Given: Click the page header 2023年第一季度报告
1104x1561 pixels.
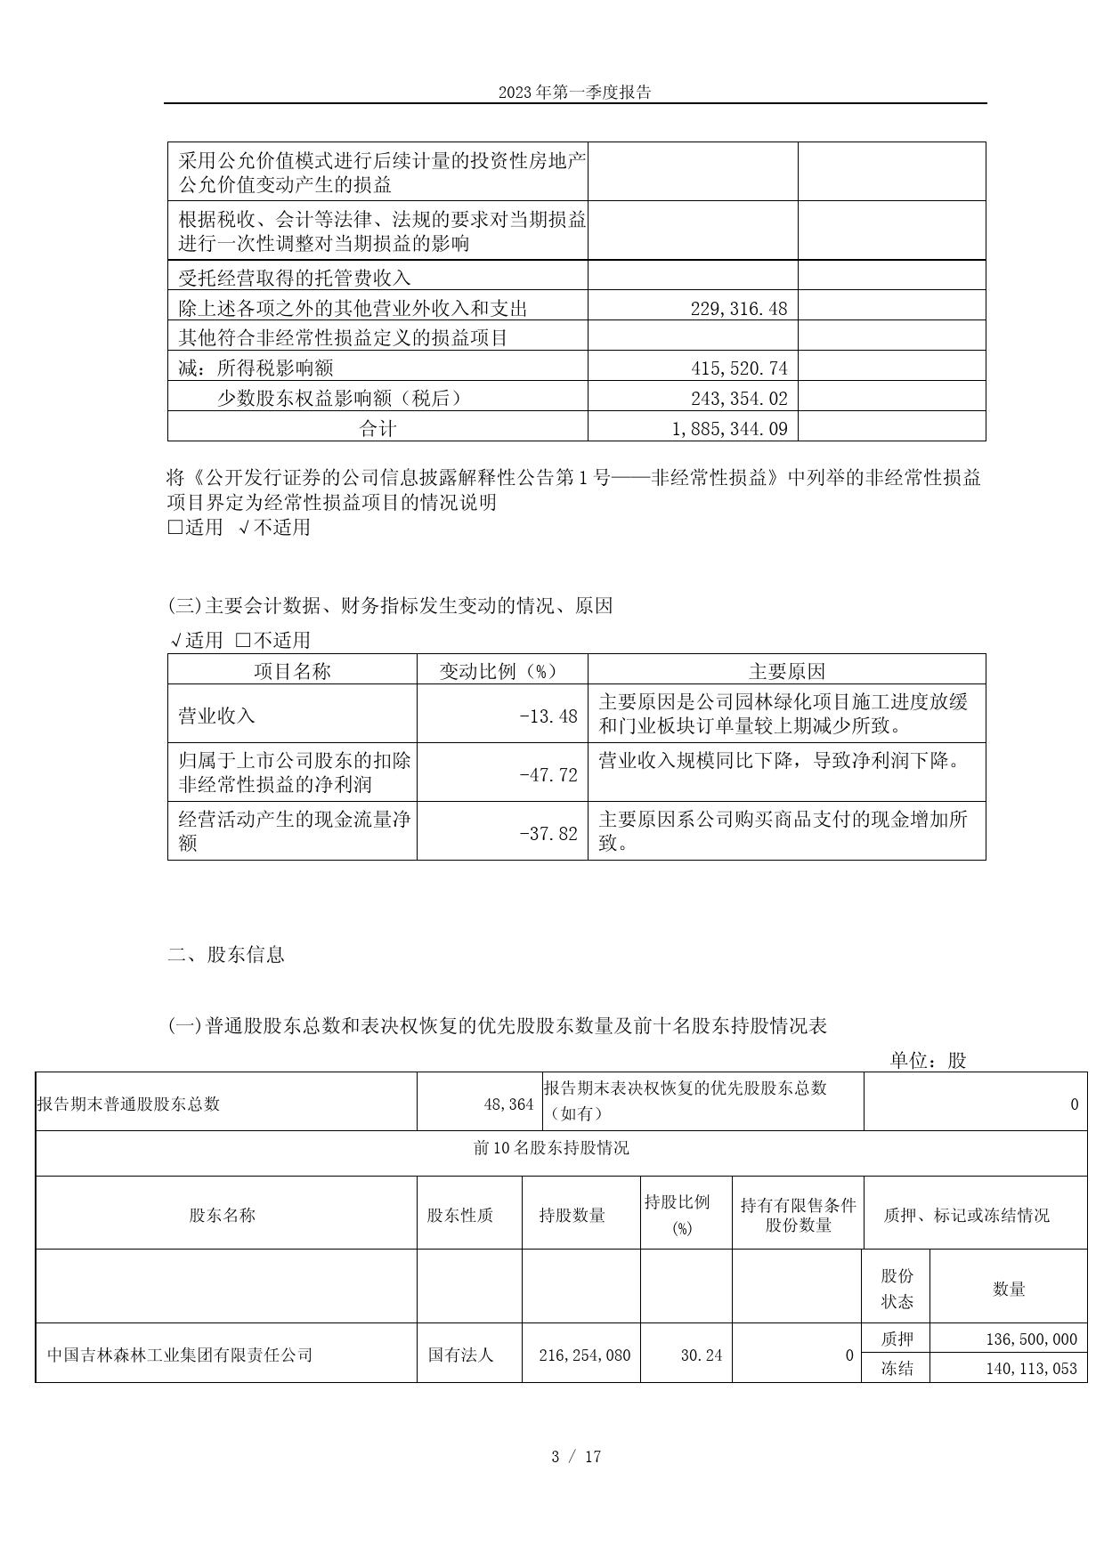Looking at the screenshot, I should pos(574,93).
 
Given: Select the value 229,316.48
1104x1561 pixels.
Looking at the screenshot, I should pos(738,308).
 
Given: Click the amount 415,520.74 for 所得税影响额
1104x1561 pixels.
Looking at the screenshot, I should pos(738,368).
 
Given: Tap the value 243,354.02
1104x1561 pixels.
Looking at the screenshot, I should pos(738,398).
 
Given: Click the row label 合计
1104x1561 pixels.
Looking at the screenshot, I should pos(377,428).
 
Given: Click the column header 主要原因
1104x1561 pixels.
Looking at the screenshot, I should pos(786,671).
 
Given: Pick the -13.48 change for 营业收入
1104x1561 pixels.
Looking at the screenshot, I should pos(548,716).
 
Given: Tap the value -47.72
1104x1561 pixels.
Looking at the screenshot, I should pos(548,775).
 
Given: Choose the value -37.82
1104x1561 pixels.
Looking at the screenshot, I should pos(548,834).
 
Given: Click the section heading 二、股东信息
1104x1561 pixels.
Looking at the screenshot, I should pos(226,955).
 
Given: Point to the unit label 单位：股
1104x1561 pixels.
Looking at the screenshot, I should pos(928,1060).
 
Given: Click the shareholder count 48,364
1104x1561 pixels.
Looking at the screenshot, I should pos(508,1104).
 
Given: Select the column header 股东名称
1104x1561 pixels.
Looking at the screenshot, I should pos(222,1215).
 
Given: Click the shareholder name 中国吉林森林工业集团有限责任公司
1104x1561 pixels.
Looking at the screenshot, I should pos(180,1355).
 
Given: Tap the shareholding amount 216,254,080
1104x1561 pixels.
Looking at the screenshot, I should pos(584,1355).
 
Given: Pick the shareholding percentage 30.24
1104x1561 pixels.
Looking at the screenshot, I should pos(701,1355).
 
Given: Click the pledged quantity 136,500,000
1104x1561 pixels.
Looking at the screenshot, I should pos(1031,1339).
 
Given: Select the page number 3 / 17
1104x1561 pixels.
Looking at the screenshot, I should pos(575,1457).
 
